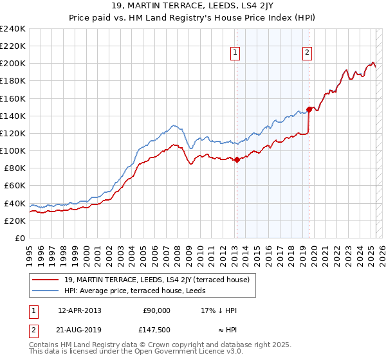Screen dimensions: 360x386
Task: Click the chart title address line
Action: [192, 6]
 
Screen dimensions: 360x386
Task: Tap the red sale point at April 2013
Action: [236, 159]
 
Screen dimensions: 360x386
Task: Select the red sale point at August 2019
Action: [309, 109]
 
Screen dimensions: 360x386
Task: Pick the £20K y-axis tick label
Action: [15, 221]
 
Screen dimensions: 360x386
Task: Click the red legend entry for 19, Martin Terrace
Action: [161, 280]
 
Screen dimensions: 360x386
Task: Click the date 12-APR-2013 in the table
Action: [79, 310]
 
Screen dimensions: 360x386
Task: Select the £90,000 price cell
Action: [156, 310]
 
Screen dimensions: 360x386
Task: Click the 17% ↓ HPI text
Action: [219, 310]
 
